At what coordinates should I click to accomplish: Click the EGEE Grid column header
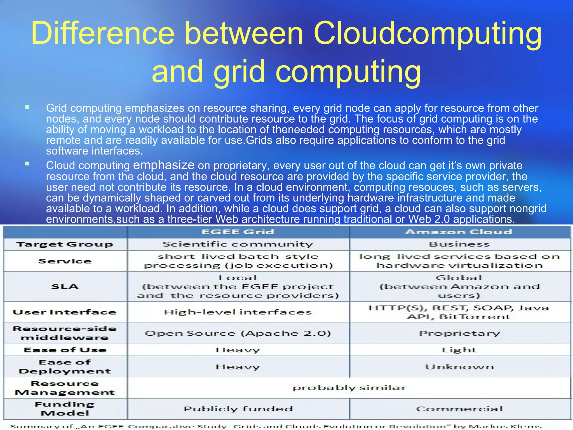(x=238, y=232)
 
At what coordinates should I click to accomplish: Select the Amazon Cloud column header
(x=459, y=232)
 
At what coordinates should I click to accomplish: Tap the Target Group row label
(x=65, y=244)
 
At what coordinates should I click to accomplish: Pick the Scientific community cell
(x=238, y=244)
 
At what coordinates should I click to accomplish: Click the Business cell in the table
(x=459, y=244)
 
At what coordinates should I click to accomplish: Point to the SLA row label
(x=65, y=286)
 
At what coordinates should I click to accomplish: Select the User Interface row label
(x=65, y=312)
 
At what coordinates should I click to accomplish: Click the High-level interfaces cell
(x=238, y=312)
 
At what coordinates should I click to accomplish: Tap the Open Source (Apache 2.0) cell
(x=238, y=333)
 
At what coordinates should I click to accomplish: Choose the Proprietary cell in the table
(x=459, y=333)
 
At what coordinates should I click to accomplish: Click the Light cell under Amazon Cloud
(x=459, y=350)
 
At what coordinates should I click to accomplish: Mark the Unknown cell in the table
(x=459, y=367)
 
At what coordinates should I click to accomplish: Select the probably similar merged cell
(x=349, y=388)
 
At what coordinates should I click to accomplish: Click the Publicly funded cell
(x=238, y=409)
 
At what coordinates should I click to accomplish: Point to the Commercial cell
(x=459, y=409)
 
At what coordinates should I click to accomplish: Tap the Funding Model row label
(x=65, y=409)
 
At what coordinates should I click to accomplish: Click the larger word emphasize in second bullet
(x=164, y=165)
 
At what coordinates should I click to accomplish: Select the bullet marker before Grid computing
(x=27, y=107)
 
